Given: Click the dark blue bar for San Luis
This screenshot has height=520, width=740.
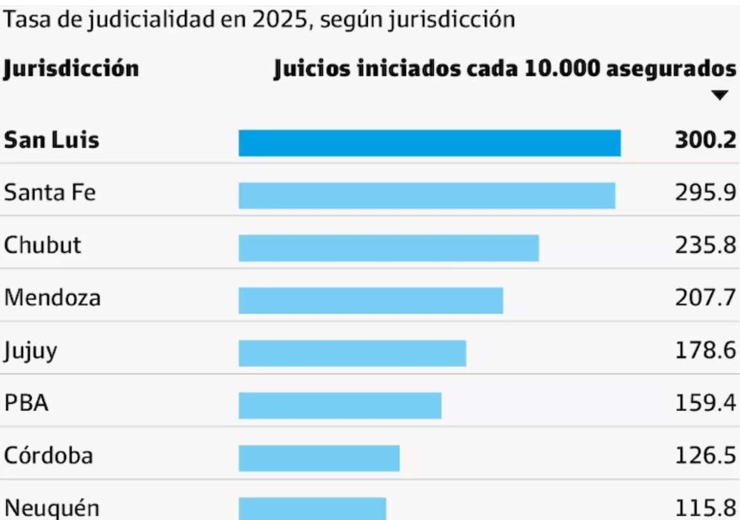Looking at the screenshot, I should coord(429,143).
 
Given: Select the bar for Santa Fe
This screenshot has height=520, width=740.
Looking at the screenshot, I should coord(427,196).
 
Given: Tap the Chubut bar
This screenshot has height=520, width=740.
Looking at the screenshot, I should coord(388,248).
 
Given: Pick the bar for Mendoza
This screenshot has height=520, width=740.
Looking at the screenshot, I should coord(371,300).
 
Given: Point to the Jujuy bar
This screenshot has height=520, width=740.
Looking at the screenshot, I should coord(352,353).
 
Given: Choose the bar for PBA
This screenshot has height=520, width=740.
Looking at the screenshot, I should coord(340,405).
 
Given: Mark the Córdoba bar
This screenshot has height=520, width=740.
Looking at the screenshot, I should coord(319,458).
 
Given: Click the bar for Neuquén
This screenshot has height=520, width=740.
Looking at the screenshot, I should coord(312,509).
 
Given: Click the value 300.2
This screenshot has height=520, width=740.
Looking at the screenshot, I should coord(705,140).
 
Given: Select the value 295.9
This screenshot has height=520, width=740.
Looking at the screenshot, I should coord(705,192).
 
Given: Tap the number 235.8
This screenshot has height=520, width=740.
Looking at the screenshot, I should coord(705,245).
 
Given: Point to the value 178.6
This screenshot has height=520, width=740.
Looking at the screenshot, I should coord(705,350).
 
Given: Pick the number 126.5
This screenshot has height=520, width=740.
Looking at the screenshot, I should coord(705,456).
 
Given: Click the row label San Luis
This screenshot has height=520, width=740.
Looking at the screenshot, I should coord(52,140).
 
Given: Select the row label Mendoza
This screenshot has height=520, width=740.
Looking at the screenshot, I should coord(52,298).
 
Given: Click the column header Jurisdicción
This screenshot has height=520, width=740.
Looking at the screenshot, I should coord(71,68).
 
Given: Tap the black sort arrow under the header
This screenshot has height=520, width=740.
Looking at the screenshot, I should coord(720,96).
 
